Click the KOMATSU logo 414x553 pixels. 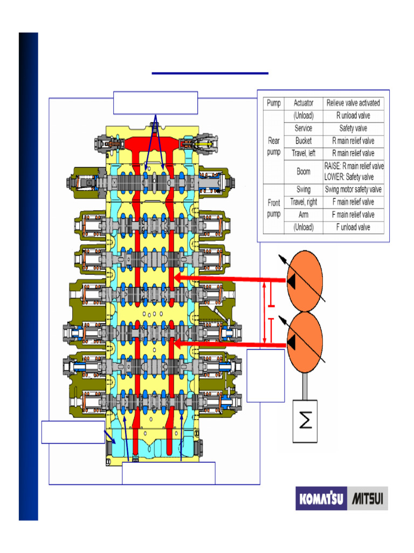click(322, 499)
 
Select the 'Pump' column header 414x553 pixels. click(274, 103)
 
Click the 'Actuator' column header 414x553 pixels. click(303, 103)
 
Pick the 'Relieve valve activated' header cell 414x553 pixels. click(353, 103)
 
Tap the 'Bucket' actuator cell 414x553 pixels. click(303, 141)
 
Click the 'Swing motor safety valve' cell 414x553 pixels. click(353, 190)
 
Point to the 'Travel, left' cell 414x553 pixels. click(303, 153)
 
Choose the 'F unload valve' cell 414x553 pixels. click(353, 227)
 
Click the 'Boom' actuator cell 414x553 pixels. click(303, 172)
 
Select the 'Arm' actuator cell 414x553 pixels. click(303, 215)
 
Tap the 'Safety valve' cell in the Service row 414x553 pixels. click(353, 129)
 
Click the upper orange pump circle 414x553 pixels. click(304, 281)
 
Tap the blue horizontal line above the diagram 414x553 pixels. click(210, 73)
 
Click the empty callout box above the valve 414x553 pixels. click(155, 103)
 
